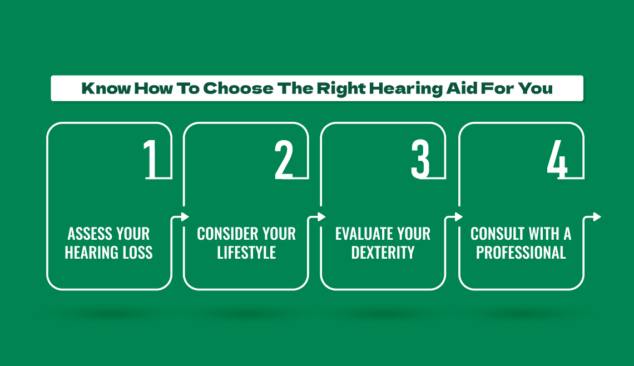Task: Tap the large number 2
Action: (284, 159)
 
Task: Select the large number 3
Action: (420, 159)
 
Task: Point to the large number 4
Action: (557, 159)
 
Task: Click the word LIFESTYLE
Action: (246, 253)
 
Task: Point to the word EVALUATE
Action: (360, 234)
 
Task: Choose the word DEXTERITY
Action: (383, 253)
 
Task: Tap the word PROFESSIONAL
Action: (521, 253)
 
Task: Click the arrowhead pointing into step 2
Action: (185, 217)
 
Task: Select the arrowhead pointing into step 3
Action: (322, 217)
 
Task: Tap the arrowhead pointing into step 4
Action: (458, 217)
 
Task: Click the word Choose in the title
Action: (238, 88)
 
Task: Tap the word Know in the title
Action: (106, 88)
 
